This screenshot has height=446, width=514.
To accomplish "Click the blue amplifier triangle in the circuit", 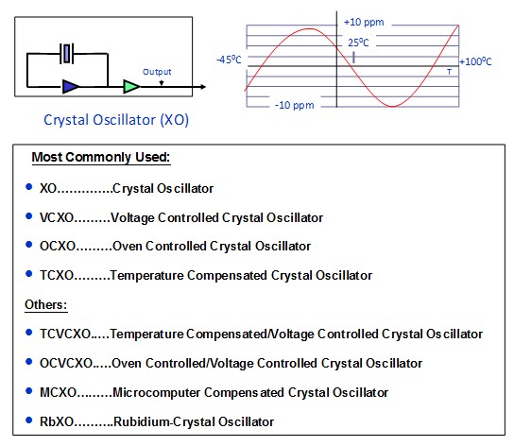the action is (x=70, y=86).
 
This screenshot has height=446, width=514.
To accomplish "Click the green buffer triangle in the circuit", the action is (x=131, y=86).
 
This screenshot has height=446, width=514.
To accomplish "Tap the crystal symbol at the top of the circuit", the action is (x=67, y=53).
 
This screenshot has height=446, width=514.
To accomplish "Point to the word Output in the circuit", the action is (x=157, y=72).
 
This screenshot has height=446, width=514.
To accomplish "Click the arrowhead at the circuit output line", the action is (x=203, y=87).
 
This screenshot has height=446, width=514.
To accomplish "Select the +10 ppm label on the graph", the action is (x=364, y=23).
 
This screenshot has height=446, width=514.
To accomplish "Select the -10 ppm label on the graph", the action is (x=295, y=105).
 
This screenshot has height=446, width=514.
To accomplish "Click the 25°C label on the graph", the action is (x=358, y=43).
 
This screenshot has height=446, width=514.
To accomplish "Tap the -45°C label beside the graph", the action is (x=229, y=60).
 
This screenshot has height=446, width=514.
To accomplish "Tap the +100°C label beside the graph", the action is (x=475, y=61).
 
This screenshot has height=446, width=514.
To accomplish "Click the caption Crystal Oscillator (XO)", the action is (x=116, y=120).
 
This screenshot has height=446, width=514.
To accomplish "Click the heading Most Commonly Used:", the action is (x=101, y=157).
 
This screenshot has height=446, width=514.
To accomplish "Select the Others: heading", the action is (x=46, y=304).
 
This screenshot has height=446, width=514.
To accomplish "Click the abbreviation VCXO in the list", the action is (x=57, y=217).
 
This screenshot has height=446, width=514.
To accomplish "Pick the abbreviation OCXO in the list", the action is (x=58, y=246).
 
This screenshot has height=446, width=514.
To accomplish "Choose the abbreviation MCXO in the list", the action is (x=58, y=392).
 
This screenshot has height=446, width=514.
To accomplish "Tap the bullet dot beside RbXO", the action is (x=29, y=420).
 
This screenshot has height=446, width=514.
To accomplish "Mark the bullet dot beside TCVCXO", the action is (x=29, y=333).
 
